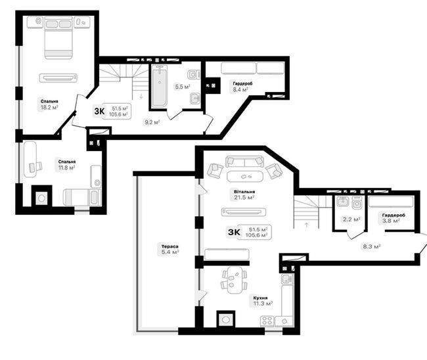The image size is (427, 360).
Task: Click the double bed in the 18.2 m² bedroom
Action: (x=58, y=39)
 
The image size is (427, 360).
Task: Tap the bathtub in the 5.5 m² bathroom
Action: (x=159, y=85)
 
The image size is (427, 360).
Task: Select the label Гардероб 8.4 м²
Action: (x=240, y=87)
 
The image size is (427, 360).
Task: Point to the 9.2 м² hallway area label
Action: (x=152, y=122)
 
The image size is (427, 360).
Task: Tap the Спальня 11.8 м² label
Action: (x=66, y=164)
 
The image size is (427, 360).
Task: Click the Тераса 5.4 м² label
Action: (x=170, y=250)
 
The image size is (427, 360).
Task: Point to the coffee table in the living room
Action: (x=244, y=176)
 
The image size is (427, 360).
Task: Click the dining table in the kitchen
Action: (x=233, y=279)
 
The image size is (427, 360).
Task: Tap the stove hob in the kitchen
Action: (x=267, y=321)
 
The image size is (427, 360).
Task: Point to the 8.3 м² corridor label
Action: (x=372, y=247)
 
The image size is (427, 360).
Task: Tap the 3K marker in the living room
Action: (x=233, y=231)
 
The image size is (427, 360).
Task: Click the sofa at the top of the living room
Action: (x=244, y=161)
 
